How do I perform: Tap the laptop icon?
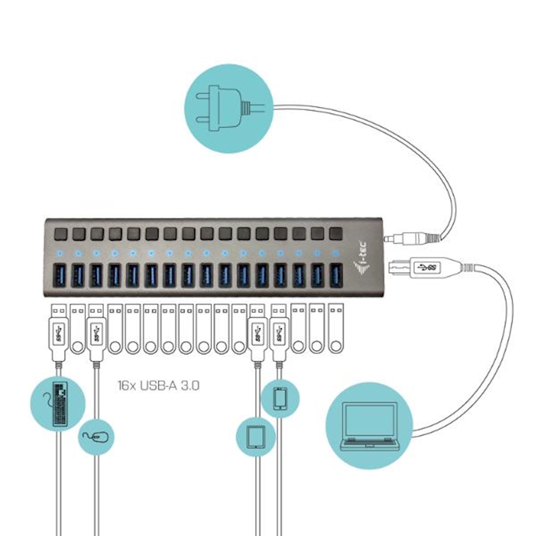369,426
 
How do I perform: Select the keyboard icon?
60,404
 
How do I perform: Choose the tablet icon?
255,436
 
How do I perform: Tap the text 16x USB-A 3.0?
158,386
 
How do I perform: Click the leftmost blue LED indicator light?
59,253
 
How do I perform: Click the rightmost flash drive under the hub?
335,330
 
